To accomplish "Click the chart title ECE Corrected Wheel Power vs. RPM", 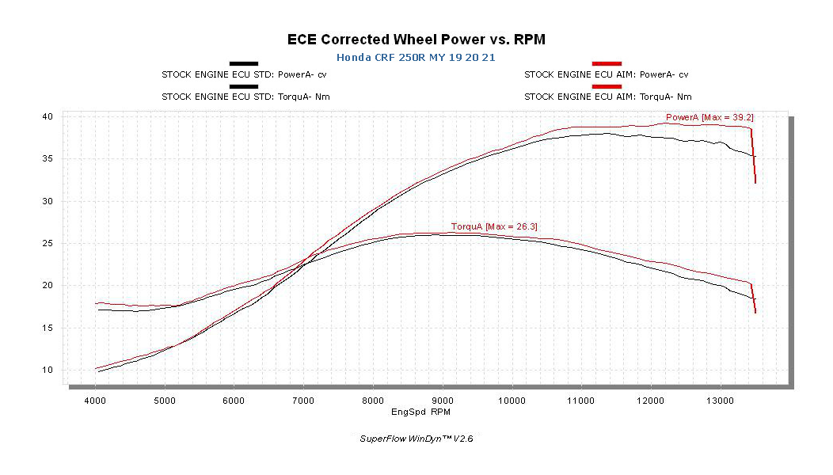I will pos(416,39).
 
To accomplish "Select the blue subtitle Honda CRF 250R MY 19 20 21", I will pos(416,58).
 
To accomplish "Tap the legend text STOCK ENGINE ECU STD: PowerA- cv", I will pos(245,75).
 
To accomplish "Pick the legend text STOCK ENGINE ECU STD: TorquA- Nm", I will pos(245,97).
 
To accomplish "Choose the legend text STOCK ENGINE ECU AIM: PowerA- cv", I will pos(607,75).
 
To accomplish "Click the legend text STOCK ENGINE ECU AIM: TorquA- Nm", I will pos(608,97).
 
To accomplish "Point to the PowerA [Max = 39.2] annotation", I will pos(709,117).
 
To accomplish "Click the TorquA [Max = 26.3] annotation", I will pos(495,226).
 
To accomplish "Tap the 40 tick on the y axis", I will pos(48,116).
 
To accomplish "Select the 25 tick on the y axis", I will pos(48,243).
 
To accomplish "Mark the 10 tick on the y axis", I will pos(48,370).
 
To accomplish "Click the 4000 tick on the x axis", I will pos(95,401).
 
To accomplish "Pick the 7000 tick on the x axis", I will pos(303,401).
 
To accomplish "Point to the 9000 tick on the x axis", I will pos(442,401).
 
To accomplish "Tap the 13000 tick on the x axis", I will pos(720,401).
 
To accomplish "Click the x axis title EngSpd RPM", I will pos(421,412).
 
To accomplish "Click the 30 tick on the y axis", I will pos(48,201).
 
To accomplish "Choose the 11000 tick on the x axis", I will pos(581,401).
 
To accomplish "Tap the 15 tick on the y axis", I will pos(48,328).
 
